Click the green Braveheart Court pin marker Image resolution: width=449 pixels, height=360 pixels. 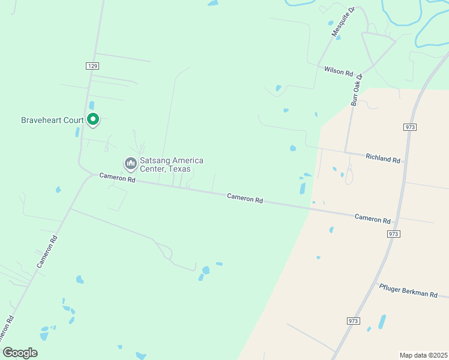[93, 119]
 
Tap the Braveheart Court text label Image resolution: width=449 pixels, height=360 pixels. [52, 120]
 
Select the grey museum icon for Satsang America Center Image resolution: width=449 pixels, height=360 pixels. [130, 163]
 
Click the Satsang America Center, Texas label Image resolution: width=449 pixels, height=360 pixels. [171, 164]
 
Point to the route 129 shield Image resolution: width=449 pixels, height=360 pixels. [92, 65]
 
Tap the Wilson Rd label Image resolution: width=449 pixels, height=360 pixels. [339, 71]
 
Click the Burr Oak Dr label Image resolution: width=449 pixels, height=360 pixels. [357, 90]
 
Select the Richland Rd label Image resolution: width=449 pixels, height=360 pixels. [383, 158]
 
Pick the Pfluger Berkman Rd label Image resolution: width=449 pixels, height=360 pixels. [413, 290]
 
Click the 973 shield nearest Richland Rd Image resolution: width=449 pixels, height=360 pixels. [410, 127]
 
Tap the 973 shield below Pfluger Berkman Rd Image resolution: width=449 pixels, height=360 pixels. [353, 321]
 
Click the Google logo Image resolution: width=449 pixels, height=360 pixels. [20, 353]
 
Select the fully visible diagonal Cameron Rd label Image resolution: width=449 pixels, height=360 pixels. [47, 251]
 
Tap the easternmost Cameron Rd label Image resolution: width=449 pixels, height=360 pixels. [372, 218]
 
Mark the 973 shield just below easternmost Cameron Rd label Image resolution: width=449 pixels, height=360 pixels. [393, 233]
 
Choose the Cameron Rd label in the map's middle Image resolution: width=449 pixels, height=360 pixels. [245, 198]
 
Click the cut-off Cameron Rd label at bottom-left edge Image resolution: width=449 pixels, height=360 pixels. [6, 332]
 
